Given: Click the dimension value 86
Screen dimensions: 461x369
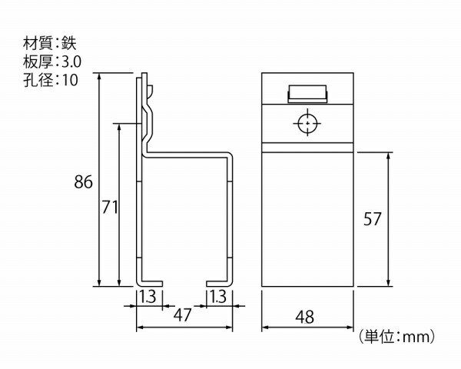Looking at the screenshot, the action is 83,181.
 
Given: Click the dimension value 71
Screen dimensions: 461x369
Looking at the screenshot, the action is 110,207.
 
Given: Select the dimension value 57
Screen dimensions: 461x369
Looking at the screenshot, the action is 372,218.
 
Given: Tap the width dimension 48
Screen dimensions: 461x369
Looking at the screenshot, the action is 305,317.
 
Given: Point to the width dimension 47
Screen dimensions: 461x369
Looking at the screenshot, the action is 182,315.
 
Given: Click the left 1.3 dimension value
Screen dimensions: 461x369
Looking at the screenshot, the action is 148,297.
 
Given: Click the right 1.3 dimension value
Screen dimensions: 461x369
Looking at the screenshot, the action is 218,297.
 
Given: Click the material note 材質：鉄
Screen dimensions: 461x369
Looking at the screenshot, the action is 50,44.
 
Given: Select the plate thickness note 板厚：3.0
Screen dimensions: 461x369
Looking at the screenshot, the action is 52,61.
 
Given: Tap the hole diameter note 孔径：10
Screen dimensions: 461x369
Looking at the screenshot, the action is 51,80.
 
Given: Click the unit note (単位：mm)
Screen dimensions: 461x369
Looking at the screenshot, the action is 396,337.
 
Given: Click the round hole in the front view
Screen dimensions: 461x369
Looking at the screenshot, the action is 307,123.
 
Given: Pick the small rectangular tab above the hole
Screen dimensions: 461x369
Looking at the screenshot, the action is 307,94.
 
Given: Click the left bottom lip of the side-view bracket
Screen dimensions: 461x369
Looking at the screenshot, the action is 150,283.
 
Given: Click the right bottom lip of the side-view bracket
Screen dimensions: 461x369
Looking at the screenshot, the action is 219,283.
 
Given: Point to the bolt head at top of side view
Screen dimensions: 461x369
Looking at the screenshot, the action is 150,91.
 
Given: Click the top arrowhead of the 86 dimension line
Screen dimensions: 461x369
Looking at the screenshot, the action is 99,77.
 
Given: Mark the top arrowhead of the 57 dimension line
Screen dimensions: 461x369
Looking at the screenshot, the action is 388,156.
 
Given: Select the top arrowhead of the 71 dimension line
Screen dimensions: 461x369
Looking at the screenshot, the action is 119,127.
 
